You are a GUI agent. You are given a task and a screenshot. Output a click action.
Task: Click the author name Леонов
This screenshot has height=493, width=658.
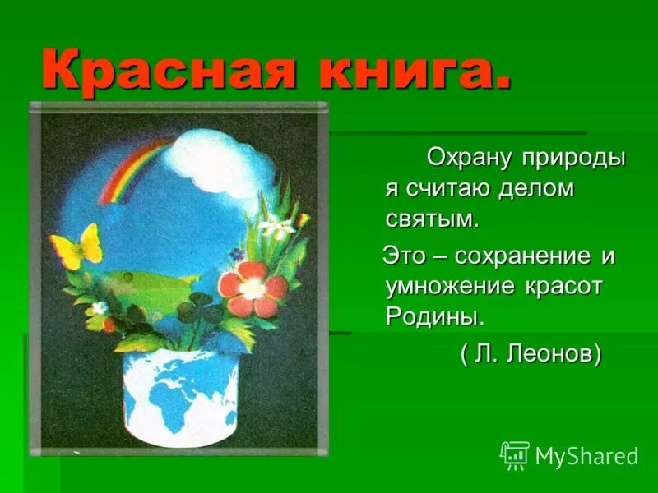[x=553, y=354]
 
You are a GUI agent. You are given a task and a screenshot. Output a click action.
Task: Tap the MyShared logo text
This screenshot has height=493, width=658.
[x=586, y=456]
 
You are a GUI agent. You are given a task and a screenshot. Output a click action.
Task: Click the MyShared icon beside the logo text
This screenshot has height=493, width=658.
[x=515, y=455]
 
